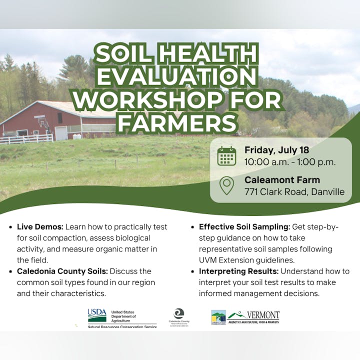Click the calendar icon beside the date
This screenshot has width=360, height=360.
coord(226,156)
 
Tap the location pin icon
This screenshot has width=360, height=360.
coord(227,186)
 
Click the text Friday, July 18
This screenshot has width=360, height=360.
coord(276,150)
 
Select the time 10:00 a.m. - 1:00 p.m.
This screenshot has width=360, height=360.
coord(290,162)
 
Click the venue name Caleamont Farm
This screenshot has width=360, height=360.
coord(282,180)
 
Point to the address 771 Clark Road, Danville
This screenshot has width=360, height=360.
coord(294,192)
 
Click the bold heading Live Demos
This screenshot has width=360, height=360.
coord(40,226)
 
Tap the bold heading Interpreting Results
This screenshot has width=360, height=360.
coord(238,271)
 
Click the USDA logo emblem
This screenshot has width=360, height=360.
coord(97,315)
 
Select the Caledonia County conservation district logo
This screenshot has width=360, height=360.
coord(178,316)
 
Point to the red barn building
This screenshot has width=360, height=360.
coord(55,120)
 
